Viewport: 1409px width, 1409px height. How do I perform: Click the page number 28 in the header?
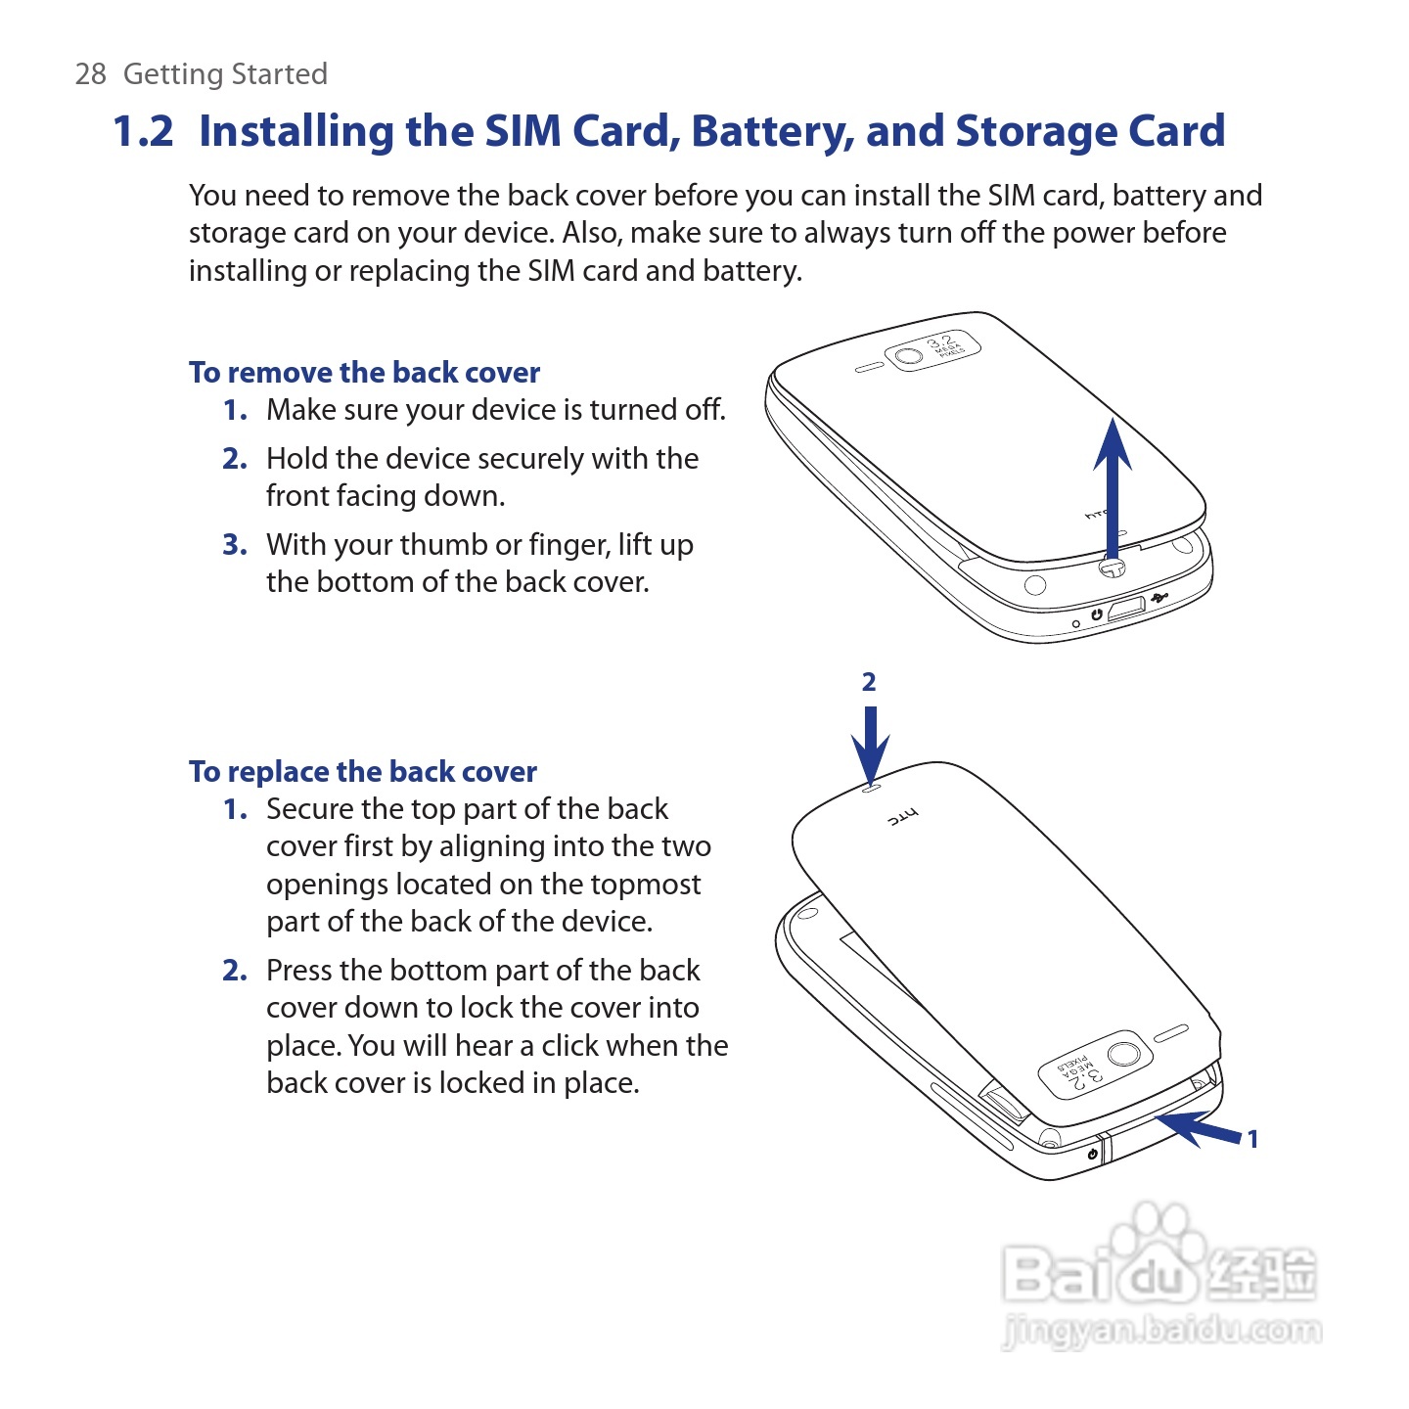pos(91,74)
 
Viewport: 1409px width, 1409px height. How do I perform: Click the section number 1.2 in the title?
pos(143,132)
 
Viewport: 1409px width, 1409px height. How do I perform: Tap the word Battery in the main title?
pos(772,132)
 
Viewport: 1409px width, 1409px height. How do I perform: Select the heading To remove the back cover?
pos(364,372)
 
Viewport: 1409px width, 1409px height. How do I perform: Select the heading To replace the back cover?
pos(363,771)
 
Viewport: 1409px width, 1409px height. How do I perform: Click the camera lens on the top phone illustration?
pos(909,356)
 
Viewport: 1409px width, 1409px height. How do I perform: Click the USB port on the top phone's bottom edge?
pos(1127,608)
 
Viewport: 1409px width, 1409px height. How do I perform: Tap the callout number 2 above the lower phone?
pos(869,682)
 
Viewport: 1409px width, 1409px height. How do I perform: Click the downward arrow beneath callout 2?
pos(870,746)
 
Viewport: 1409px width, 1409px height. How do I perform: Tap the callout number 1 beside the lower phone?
pos(1253,1139)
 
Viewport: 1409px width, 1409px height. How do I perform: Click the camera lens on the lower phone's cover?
pos(1124,1054)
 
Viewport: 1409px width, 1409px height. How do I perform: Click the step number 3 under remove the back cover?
pos(234,545)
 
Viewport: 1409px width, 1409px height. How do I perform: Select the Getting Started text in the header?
pos(225,74)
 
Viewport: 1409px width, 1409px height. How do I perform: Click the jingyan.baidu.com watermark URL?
pos(1161,1330)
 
